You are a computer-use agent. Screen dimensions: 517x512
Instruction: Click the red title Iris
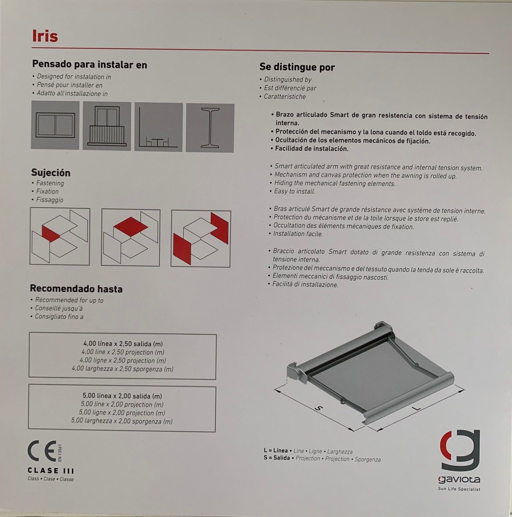[x=45, y=36]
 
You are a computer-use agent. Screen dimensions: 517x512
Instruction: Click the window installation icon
[x=55, y=125]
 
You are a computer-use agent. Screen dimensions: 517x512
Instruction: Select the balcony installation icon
[x=107, y=126]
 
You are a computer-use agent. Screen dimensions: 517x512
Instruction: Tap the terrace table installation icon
[x=159, y=127]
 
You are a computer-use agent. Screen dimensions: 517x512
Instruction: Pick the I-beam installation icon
[x=210, y=127]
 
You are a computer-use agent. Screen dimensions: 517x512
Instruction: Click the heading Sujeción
[x=51, y=173]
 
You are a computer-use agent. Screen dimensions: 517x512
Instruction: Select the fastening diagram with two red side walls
[x=201, y=238]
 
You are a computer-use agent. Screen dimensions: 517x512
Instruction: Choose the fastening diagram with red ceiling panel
[x=130, y=237]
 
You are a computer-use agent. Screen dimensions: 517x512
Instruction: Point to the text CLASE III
[x=51, y=471]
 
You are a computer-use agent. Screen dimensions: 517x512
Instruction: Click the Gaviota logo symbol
[x=460, y=451]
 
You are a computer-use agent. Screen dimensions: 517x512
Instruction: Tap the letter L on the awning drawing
[x=416, y=408]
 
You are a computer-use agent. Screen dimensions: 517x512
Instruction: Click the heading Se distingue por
[x=297, y=67]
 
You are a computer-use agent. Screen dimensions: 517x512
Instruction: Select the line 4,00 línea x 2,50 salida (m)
[x=123, y=344]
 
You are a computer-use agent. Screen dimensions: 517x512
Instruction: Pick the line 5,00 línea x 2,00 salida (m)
[x=122, y=396]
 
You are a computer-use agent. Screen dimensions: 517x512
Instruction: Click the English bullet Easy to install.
[x=294, y=191]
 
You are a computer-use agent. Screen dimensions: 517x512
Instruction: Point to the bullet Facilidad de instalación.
[x=312, y=149]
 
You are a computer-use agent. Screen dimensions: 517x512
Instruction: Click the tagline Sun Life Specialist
[x=459, y=489]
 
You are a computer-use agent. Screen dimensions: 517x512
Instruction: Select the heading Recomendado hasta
[x=76, y=289]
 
